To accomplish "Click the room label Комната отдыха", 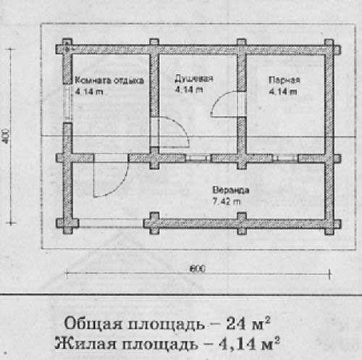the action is coord(109,80).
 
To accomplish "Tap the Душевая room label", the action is coord(194,78).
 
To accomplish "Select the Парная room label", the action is coord(285,80).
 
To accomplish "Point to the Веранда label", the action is coord(231,190).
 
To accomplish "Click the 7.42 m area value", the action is coord(227,201).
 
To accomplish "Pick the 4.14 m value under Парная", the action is coord(283,91).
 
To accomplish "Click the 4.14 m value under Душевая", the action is coord(189,90).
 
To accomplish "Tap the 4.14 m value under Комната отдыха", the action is coord(89,92).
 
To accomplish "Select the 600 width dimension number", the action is coord(198,269).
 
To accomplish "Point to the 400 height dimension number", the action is coord(7,136).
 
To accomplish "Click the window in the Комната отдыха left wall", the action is coord(68,104).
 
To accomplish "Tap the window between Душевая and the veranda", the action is coord(198,159).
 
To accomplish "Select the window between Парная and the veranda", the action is coord(286,159).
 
